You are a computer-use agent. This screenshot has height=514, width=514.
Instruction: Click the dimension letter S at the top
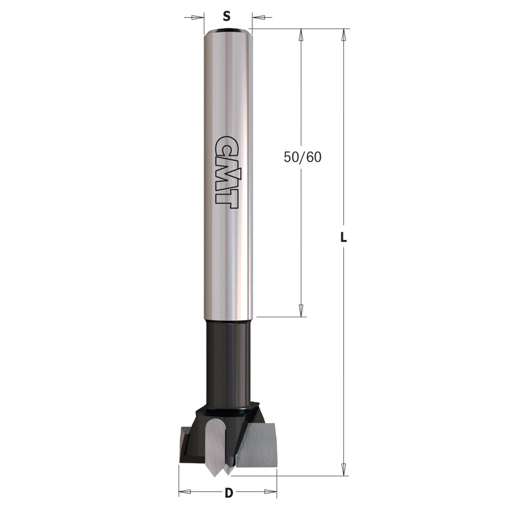(x=226, y=16)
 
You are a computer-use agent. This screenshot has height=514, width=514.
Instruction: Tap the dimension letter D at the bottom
(x=229, y=493)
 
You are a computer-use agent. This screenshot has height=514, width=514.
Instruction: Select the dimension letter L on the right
(x=344, y=238)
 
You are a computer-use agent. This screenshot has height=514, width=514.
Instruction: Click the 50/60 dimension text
(x=302, y=157)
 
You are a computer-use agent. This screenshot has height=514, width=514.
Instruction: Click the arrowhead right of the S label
(x=259, y=17)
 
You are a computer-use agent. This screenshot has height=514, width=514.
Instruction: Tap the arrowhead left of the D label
(x=185, y=492)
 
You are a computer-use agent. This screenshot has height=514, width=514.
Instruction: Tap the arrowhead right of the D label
(x=270, y=492)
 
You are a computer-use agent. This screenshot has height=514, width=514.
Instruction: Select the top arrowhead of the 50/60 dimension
(x=301, y=35)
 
